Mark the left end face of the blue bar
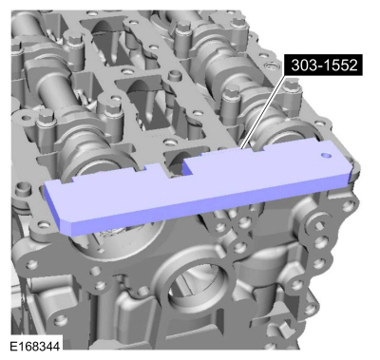[x=55, y=205]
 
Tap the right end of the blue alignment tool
[x=348, y=169]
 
